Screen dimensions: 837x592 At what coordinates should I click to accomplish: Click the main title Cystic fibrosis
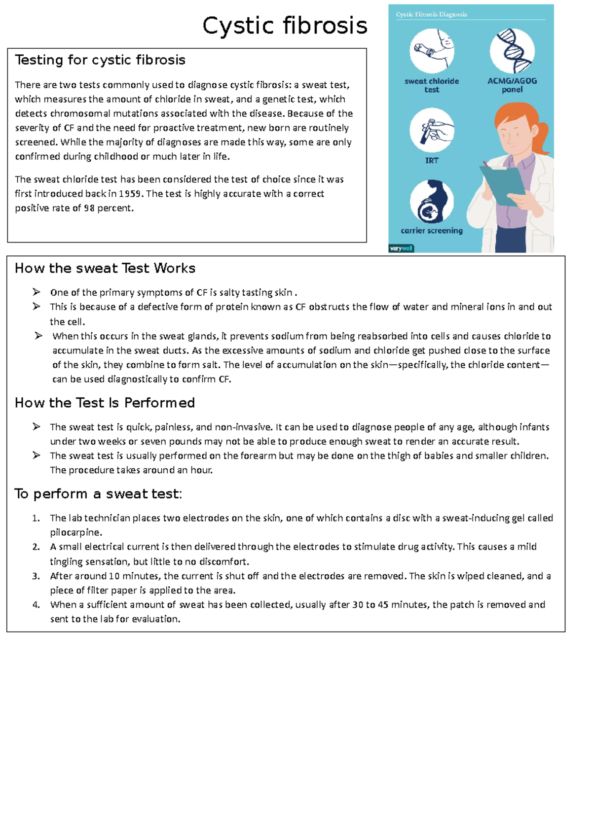(x=285, y=26)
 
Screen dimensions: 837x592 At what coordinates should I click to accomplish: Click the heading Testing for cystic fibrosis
(x=100, y=60)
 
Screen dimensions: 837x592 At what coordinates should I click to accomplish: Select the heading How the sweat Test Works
(x=105, y=268)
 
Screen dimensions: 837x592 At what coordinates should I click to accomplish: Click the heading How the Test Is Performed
(x=105, y=403)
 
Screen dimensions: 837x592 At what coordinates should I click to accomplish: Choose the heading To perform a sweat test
(x=98, y=493)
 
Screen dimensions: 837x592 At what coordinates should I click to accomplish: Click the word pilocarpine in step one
(x=75, y=532)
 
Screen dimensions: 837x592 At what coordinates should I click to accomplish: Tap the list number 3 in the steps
(x=36, y=576)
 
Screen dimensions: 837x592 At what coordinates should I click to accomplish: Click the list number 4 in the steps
(x=36, y=605)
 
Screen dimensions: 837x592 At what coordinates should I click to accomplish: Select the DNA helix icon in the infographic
(x=513, y=51)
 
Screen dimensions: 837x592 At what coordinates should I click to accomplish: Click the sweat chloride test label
(x=432, y=85)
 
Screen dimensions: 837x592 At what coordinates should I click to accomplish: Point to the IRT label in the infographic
(x=432, y=161)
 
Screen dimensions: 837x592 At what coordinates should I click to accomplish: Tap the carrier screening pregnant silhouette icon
(x=432, y=202)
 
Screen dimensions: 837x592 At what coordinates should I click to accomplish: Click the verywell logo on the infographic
(x=401, y=248)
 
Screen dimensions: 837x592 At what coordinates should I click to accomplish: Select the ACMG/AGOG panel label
(x=512, y=85)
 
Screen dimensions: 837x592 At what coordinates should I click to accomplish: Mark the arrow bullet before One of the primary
(x=37, y=292)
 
